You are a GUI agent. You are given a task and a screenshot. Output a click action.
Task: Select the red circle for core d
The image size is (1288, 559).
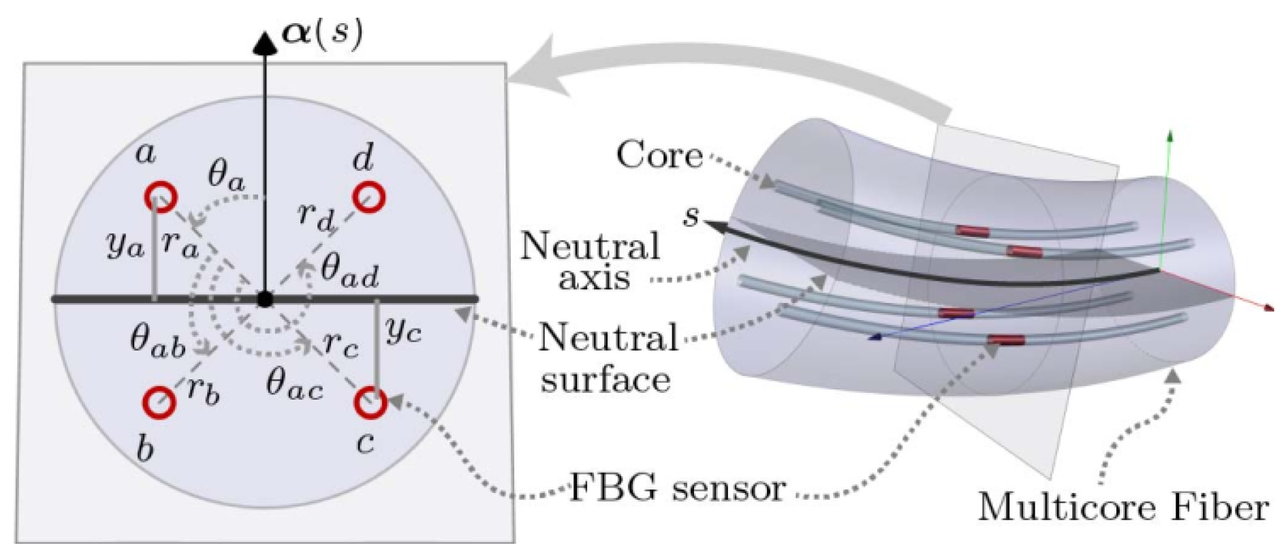(x=369, y=197)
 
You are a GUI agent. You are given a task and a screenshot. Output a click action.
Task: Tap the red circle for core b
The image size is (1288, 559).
(x=160, y=402)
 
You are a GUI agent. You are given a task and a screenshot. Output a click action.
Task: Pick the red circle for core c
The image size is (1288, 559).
(x=371, y=402)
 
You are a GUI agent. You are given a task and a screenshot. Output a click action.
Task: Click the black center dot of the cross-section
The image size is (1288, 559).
(x=265, y=299)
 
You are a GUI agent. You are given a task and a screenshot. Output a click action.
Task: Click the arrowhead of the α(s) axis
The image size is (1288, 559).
(x=265, y=42)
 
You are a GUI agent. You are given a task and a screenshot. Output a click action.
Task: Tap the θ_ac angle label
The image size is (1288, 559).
(x=294, y=385)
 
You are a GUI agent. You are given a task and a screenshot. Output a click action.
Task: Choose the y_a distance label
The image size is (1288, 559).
(x=125, y=243)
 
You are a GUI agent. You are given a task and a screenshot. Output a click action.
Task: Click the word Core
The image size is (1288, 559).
(x=659, y=155)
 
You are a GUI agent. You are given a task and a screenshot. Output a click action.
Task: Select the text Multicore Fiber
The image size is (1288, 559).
(x=1123, y=507)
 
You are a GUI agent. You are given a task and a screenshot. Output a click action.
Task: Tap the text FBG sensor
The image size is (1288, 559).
(x=677, y=488)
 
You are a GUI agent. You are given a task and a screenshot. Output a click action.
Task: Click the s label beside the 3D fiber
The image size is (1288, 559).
(x=692, y=215)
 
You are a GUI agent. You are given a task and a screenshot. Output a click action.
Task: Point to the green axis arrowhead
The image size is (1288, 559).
(x=1170, y=134)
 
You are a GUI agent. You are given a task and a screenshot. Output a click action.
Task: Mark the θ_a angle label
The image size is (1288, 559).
(x=226, y=176)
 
